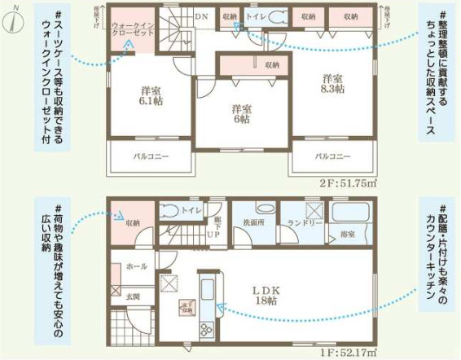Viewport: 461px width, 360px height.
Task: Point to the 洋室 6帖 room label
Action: (240, 114)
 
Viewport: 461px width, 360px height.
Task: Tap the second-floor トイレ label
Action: (255, 15)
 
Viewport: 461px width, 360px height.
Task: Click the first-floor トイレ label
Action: (191, 210)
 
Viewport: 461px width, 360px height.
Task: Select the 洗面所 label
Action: (252, 222)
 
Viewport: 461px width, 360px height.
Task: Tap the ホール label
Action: (137, 266)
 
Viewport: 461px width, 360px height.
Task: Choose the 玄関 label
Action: (133, 297)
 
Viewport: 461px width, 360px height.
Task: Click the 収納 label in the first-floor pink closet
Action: (133, 222)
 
